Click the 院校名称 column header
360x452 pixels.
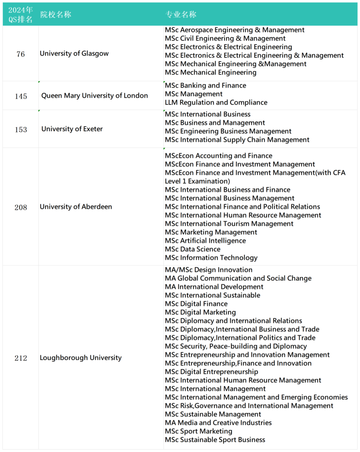pos(56,14)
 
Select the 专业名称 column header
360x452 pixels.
pos(181,14)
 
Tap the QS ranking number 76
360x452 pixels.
pos(21,54)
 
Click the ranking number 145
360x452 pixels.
pos(21,96)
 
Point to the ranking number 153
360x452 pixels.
pos(21,129)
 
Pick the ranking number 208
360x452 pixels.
pos(21,207)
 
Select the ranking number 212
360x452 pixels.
pos(21,358)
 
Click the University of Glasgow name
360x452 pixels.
pos(74,53)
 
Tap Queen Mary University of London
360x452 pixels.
pos(94,96)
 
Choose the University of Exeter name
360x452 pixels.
pos(72,129)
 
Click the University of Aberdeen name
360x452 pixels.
pos(76,207)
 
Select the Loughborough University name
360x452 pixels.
pos(81,358)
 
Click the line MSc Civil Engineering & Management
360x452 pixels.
pos(225,38)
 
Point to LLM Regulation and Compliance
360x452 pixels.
pos(216,102)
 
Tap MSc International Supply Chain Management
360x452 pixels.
pos(237,140)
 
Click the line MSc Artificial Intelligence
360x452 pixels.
pos(205,241)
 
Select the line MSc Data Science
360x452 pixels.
pos(193,249)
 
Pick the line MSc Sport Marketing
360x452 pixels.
pos(199,431)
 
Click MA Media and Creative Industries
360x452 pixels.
pos(218,423)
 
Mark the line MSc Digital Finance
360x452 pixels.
pos(196,304)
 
